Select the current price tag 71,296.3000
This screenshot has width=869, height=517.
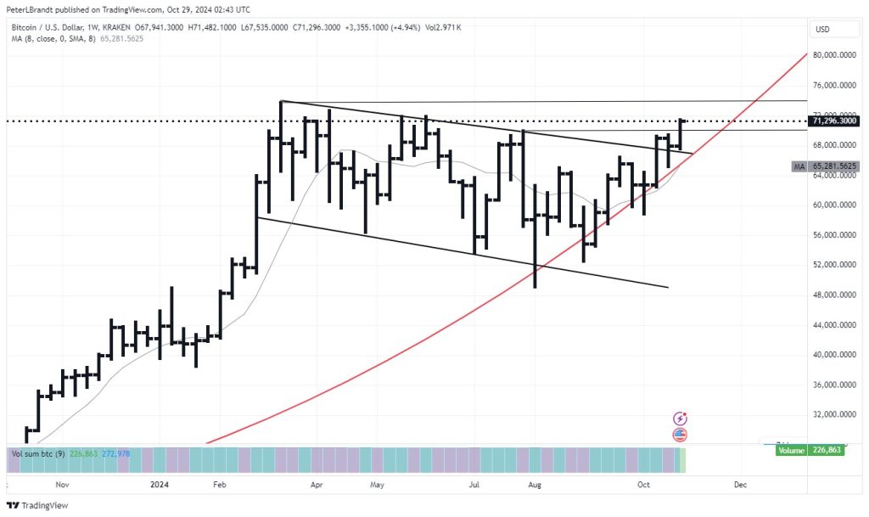pyautogui.click(x=835, y=121)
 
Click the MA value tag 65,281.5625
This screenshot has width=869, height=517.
pyautogui.click(x=835, y=167)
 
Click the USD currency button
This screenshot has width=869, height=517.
pyautogui.click(x=822, y=29)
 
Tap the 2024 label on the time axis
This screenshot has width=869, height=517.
pyautogui.click(x=159, y=485)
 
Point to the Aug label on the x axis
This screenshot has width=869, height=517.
pyautogui.click(x=535, y=485)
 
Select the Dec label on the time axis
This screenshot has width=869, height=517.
pyautogui.click(x=740, y=485)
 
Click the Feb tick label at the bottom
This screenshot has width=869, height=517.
pyautogui.click(x=219, y=485)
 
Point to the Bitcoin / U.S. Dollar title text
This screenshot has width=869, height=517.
pyautogui.click(x=48, y=27)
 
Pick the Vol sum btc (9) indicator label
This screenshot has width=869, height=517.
pyautogui.click(x=34, y=453)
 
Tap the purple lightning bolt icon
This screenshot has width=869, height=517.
pyautogui.click(x=680, y=419)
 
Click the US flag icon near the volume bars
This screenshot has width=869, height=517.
pyautogui.click(x=680, y=435)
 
